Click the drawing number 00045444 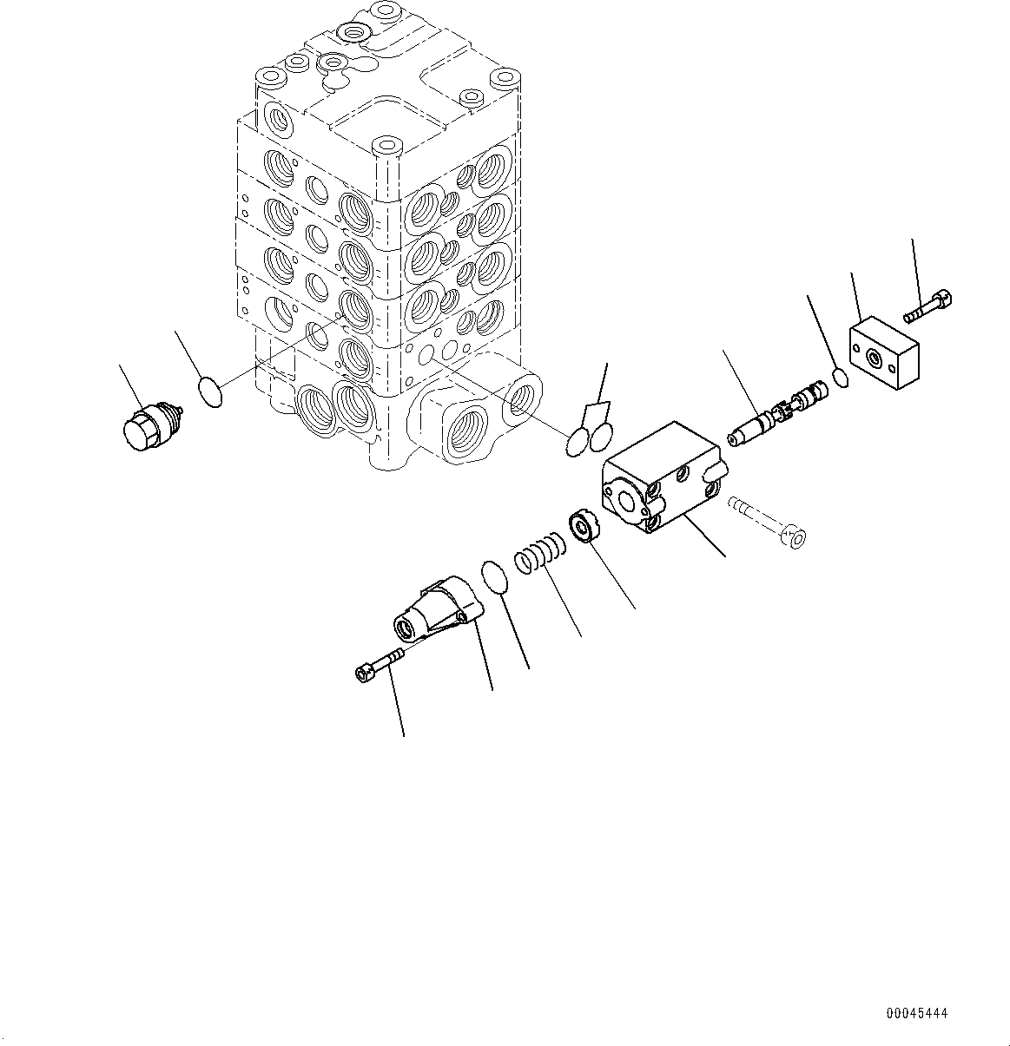coord(917,1013)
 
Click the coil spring coord(540,556)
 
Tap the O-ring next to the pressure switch coord(209,391)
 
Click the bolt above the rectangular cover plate coord(930,306)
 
